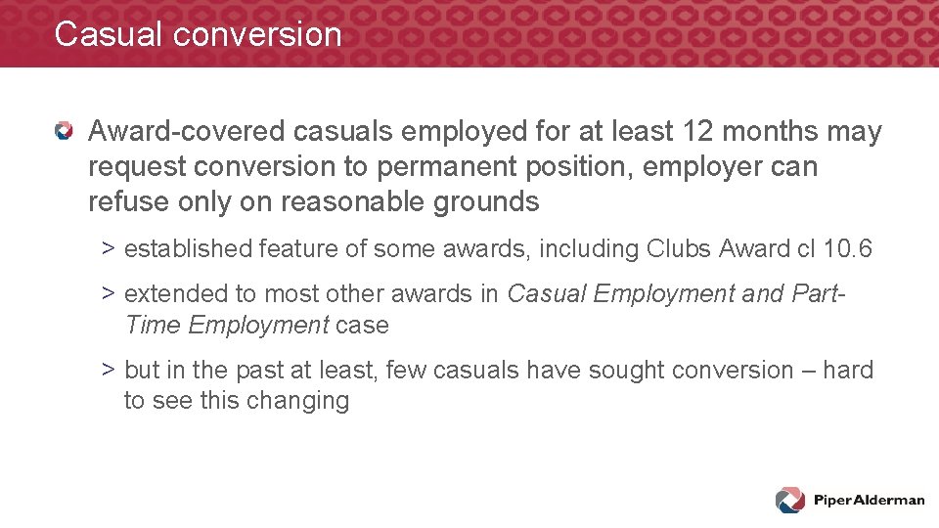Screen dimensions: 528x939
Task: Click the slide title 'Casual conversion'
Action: click(x=198, y=34)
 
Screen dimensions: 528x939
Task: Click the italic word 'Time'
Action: click(x=154, y=325)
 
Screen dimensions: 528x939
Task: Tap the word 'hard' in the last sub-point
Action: click(x=847, y=371)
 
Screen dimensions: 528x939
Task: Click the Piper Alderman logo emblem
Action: click(x=790, y=500)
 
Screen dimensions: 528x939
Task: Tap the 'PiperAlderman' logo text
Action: click(x=869, y=501)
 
